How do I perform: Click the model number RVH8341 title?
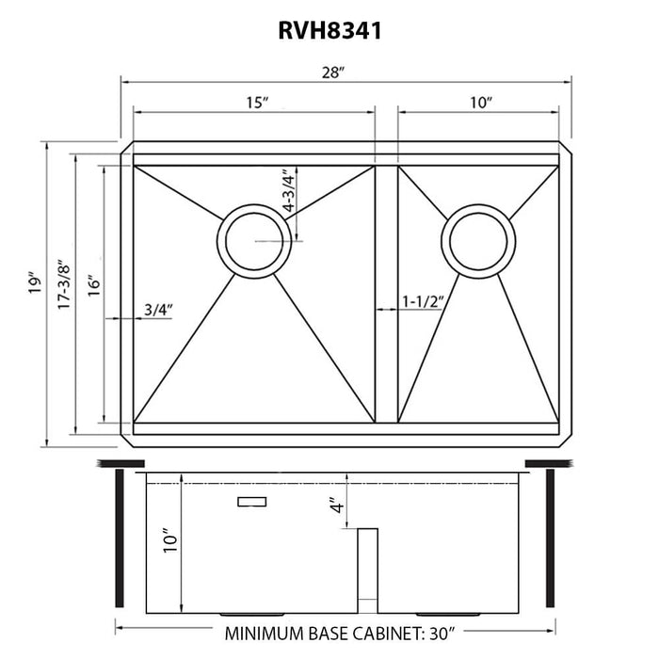(x=329, y=32)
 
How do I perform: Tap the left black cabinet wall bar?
(x=120, y=538)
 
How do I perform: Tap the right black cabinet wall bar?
(x=549, y=538)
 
